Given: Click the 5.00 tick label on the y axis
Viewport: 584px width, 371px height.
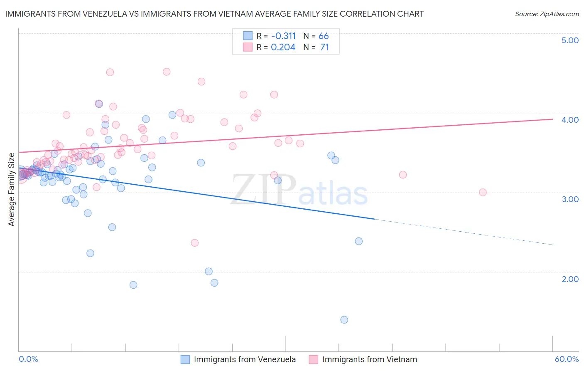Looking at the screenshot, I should click(570, 40).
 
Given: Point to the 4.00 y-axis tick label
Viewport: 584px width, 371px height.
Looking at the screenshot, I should click(570, 120).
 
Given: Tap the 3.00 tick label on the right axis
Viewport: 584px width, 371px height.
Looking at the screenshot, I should click(570, 199).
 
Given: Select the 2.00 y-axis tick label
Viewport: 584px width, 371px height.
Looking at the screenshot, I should click(570, 279).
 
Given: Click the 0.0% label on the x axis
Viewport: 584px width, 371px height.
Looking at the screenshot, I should click(28, 359).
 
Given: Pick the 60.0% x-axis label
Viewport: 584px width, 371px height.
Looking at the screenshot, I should click(566, 359).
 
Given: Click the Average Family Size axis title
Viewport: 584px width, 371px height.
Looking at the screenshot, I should click(12, 190).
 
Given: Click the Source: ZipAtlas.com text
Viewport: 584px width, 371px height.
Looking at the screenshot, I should click(547, 14).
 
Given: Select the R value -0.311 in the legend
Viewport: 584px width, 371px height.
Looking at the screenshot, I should click(283, 36).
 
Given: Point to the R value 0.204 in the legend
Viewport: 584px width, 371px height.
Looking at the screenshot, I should click(283, 47).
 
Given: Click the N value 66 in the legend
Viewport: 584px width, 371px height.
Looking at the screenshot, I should click(324, 36).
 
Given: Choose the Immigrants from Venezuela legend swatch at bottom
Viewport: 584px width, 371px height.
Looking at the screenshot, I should click(185, 359).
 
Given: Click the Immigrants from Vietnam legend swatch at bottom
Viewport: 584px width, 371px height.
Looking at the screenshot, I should click(314, 359).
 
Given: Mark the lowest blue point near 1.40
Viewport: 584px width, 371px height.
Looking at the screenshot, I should click(344, 320).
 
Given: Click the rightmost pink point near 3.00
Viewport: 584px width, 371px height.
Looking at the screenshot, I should click(483, 192).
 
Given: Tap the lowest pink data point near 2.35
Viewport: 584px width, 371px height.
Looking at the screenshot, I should click(194, 243).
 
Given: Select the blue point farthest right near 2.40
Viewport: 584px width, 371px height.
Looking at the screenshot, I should click(359, 241).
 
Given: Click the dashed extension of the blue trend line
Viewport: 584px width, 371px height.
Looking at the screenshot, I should click(465, 232).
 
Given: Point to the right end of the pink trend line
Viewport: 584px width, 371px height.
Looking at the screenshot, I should click(552, 119).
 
